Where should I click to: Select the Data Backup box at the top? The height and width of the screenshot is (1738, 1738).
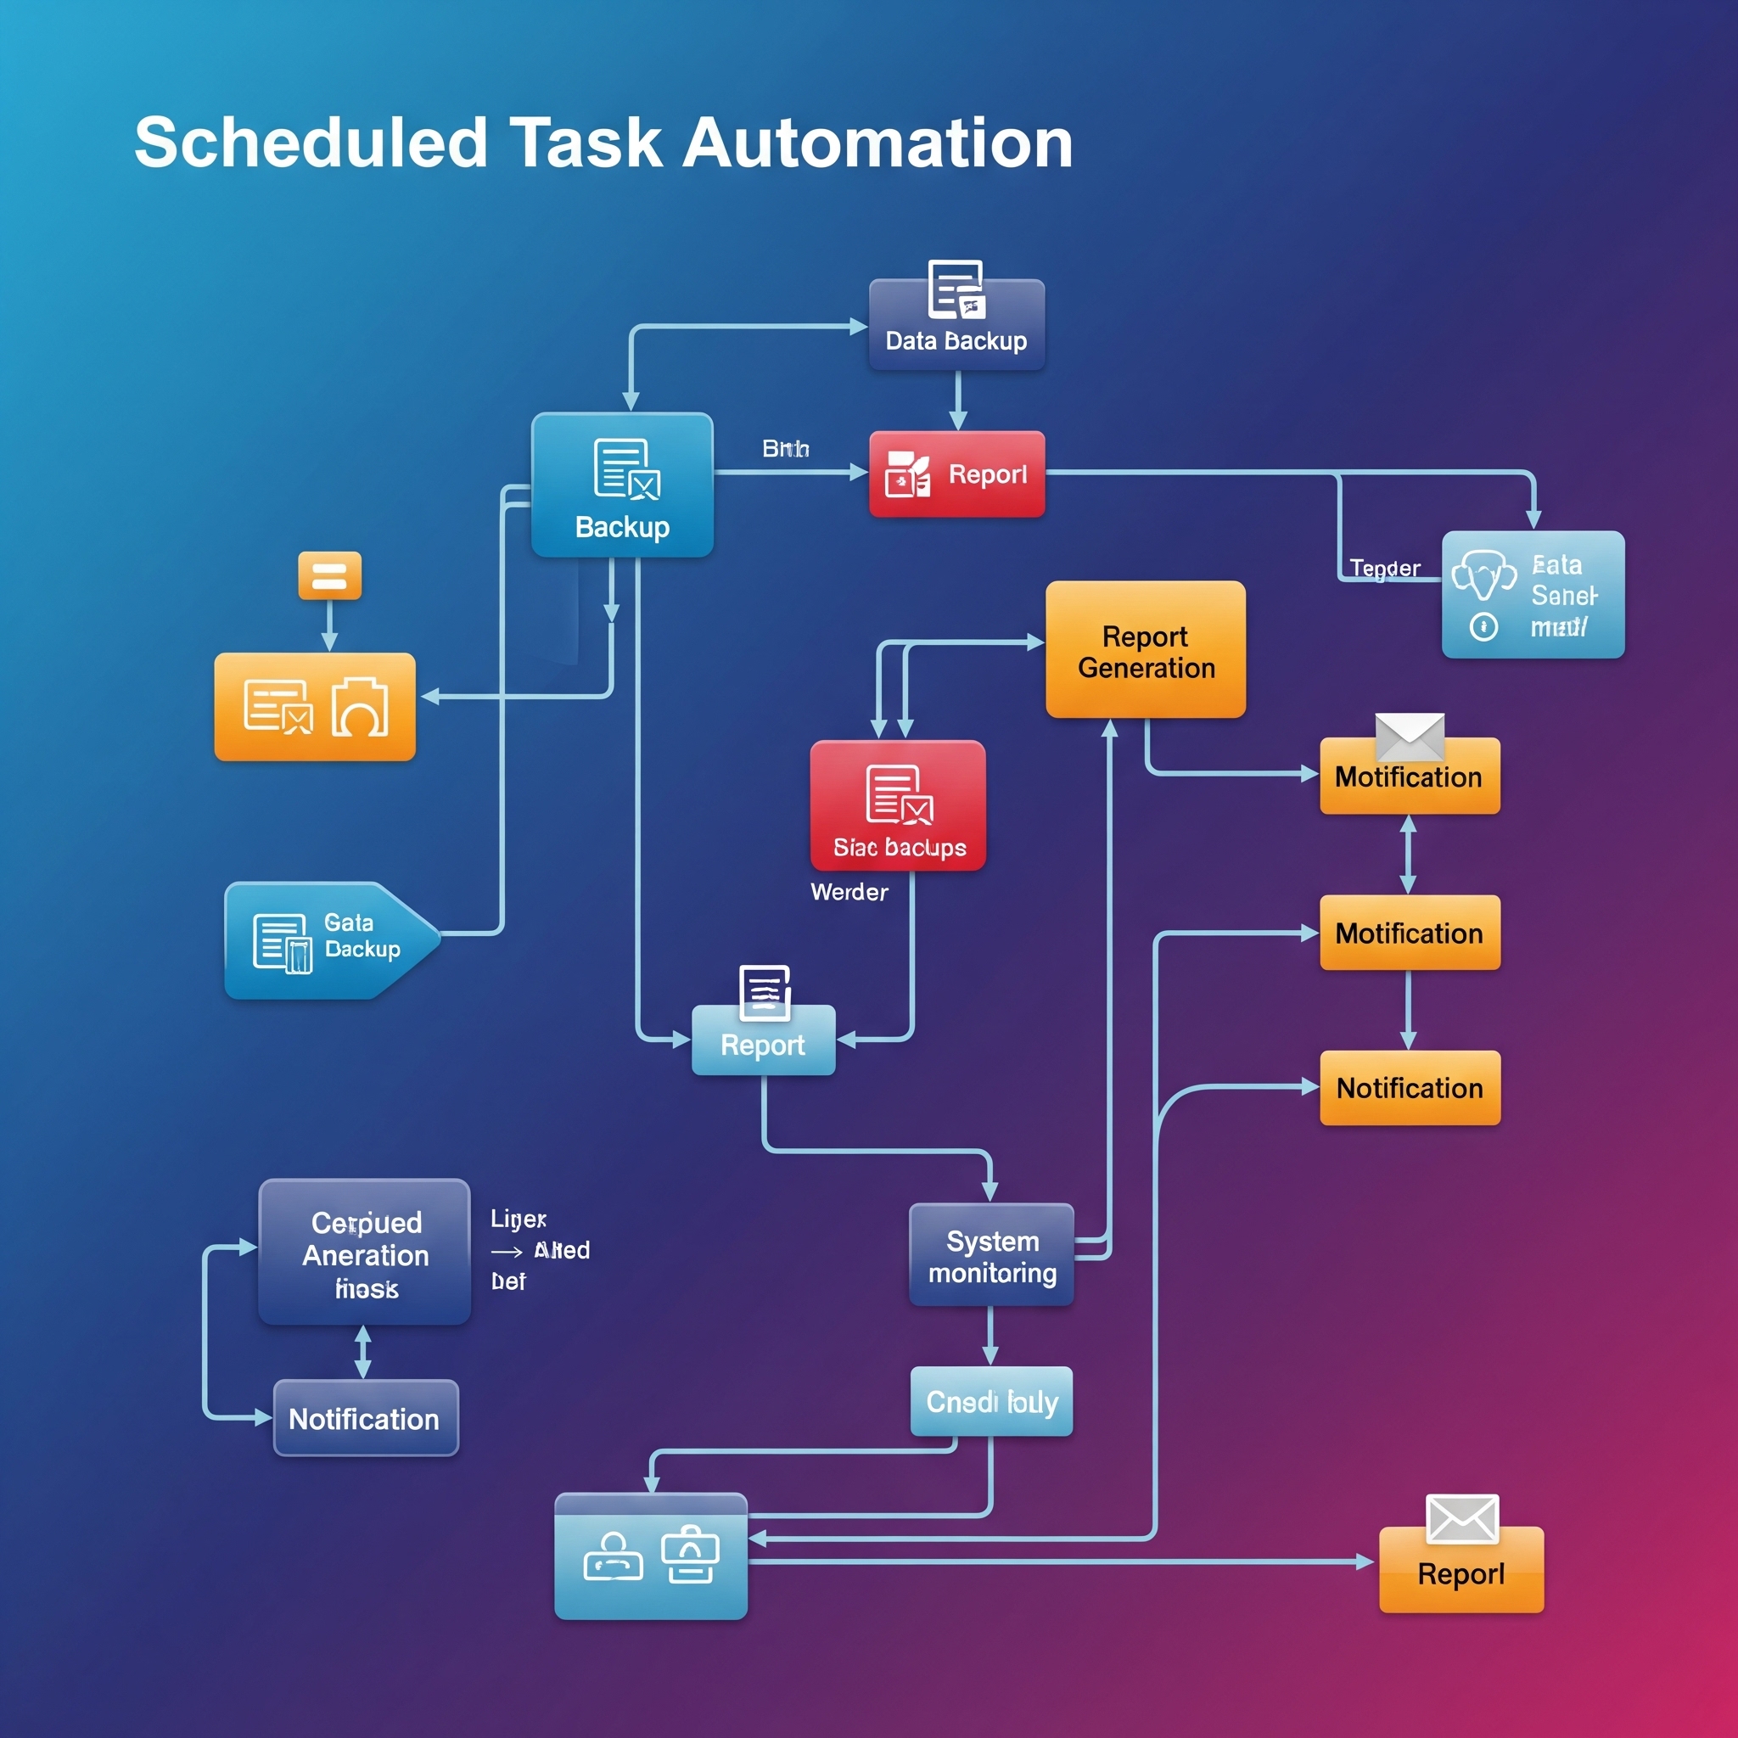pos(956,333)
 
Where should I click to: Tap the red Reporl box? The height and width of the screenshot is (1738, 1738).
pos(956,474)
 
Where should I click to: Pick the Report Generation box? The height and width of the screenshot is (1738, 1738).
pos(1145,649)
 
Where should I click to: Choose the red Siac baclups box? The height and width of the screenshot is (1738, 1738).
pos(898,805)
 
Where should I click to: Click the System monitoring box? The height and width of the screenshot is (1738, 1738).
pos(991,1255)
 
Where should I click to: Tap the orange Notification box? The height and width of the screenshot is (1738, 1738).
pos(1410,1088)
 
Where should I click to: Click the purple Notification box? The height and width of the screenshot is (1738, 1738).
pos(365,1418)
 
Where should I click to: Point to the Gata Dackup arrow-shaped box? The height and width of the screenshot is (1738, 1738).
pos(328,940)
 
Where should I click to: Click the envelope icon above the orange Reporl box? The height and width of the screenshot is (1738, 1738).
pos(1462,1518)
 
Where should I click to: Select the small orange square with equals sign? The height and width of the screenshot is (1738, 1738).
pos(329,575)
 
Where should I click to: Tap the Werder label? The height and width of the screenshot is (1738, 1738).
pos(849,893)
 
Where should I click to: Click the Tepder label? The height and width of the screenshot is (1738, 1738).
pos(1384,569)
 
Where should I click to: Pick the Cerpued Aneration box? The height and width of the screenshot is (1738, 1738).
pos(364,1252)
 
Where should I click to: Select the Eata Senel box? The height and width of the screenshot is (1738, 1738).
pos(1533,595)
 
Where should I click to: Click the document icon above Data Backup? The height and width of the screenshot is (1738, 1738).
pos(956,289)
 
